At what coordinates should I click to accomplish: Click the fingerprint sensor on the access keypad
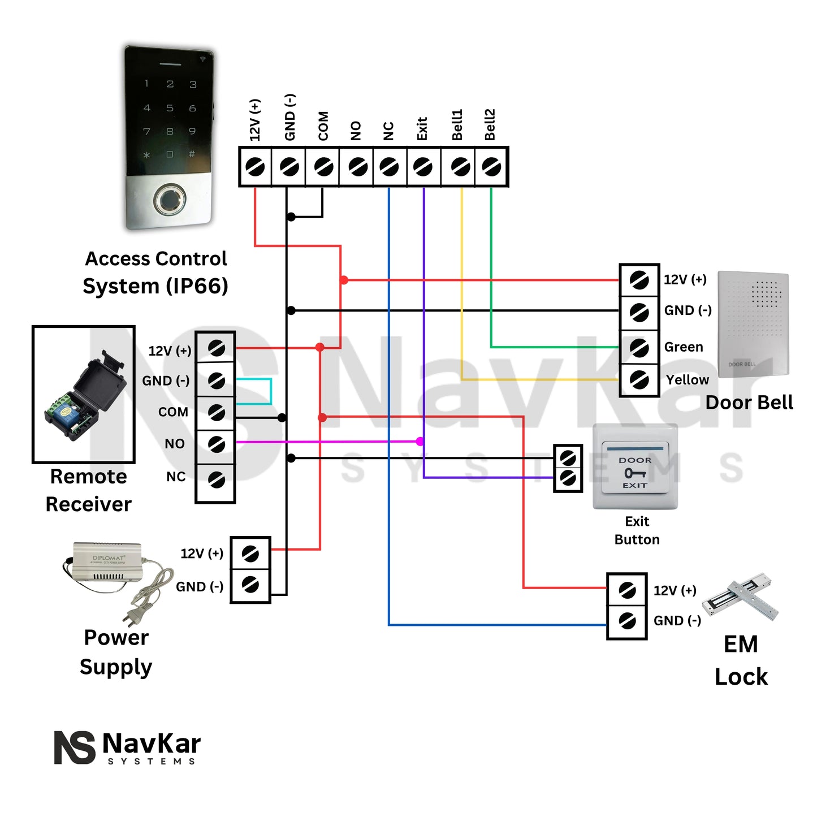tap(168, 200)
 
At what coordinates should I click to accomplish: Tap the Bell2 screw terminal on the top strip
tap(491, 167)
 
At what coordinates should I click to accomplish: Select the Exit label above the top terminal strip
tap(422, 129)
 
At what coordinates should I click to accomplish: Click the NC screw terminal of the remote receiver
tap(216, 480)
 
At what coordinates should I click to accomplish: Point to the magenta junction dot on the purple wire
tap(420, 442)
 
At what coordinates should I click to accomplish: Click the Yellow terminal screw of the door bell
tap(639, 379)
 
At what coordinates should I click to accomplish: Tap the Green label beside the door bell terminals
tap(684, 347)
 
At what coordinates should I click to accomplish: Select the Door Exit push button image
tap(635, 467)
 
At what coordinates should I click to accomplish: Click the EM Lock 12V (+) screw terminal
tap(626, 590)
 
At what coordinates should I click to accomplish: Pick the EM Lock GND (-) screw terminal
tap(626, 621)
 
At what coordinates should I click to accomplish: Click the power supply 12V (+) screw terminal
tap(250, 554)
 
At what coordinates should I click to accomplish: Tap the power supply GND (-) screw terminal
tap(250, 585)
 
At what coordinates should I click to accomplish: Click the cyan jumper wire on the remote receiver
tap(270, 391)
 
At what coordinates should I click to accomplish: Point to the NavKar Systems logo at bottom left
tap(128, 747)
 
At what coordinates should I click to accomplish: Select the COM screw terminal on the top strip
tap(323, 167)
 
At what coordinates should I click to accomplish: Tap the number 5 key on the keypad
tap(170, 107)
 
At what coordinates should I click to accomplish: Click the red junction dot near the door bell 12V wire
tap(344, 280)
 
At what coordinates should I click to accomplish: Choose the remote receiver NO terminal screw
tap(216, 444)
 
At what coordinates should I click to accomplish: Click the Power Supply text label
tap(116, 652)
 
